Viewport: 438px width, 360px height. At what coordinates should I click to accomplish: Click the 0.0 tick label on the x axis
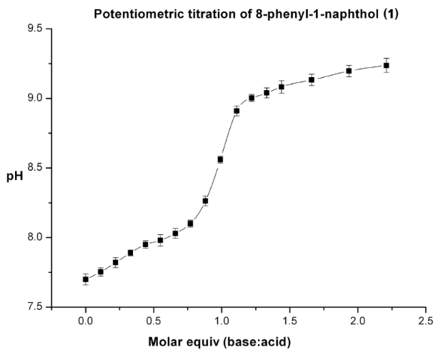point(86,321)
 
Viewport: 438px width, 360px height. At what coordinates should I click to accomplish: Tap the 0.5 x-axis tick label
point(154,321)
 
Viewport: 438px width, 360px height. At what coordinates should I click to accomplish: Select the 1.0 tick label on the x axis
point(222,321)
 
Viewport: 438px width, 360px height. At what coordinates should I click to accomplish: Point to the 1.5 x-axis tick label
point(289,321)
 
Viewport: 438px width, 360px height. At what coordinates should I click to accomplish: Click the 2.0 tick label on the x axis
point(357,321)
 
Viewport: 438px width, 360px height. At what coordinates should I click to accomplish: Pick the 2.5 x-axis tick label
point(425,321)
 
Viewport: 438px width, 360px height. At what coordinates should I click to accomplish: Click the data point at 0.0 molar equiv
point(86,279)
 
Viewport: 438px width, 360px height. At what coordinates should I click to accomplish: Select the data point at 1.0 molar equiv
point(220,159)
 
